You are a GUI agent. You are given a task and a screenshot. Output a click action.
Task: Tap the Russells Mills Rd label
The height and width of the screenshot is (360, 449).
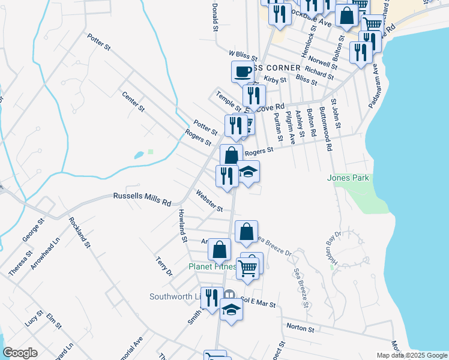tap(142, 199)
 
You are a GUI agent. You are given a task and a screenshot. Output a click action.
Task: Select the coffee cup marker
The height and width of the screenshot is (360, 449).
tap(243, 72)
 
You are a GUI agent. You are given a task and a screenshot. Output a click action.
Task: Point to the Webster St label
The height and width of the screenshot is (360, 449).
tap(209, 201)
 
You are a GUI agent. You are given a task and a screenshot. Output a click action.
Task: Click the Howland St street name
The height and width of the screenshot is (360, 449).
tap(182, 226)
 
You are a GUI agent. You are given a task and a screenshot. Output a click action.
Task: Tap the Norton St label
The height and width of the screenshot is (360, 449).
tap(301, 329)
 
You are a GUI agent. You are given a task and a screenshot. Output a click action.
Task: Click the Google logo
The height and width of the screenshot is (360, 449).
tap(20, 352)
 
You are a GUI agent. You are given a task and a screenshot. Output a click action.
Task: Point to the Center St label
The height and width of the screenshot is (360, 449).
tap(133, 101)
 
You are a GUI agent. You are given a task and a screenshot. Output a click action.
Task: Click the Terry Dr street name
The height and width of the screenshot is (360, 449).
tap(164, 266)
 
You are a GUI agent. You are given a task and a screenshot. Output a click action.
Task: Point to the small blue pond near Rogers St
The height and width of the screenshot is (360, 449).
tap(139, 155)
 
